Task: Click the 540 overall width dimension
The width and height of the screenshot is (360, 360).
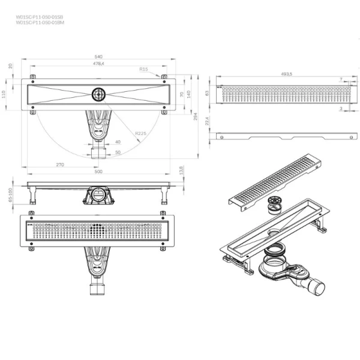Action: click(98, 56)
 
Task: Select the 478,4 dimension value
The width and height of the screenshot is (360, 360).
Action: click(98, 63)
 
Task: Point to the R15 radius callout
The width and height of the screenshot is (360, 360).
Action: click(143, 70)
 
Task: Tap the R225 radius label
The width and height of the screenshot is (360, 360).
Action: click(142, 133)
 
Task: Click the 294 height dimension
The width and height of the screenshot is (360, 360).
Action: click(196, 117)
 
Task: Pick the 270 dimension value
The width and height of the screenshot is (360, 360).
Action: click(60, 163)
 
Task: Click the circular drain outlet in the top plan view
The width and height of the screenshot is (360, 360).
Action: click(98, 94)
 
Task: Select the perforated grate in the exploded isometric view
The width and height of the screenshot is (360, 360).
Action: click(276, 180)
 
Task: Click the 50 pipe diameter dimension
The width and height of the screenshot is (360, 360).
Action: click(118, 152)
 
